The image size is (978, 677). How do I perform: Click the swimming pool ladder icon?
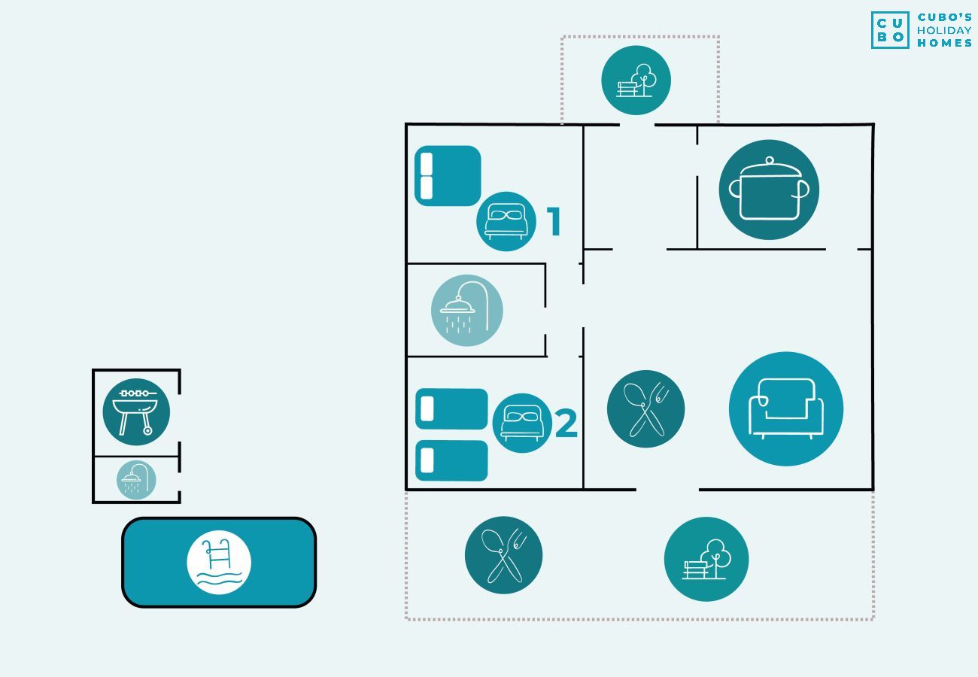(219, 562)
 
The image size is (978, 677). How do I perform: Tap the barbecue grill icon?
(136, 411)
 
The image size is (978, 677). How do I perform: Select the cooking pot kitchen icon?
(769, 190)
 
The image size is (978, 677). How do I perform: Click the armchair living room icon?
(786, 409)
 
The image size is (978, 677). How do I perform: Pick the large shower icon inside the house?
(466, 311)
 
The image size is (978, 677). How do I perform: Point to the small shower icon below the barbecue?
(136, 480)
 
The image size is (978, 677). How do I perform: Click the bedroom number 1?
(554, 221)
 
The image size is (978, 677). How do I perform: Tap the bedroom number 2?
(566, 423)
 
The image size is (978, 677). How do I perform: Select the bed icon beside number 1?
(506, 221)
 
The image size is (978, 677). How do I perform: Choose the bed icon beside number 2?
(522, 423)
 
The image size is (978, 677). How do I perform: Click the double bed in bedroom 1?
(448, 175)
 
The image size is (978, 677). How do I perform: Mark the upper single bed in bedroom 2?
(451, 408)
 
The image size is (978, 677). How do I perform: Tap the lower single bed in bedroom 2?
(451, 460)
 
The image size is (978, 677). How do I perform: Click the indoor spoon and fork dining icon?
(645, 408)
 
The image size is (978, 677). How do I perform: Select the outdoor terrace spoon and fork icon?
(503, 555)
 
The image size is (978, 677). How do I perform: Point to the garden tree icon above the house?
(636, 80)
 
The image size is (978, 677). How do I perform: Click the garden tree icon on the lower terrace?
(706, 559)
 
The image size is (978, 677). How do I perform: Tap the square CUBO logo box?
(890, 30)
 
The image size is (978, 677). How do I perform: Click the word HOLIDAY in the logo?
(944, 31)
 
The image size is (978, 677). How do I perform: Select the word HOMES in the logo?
(944, 43)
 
